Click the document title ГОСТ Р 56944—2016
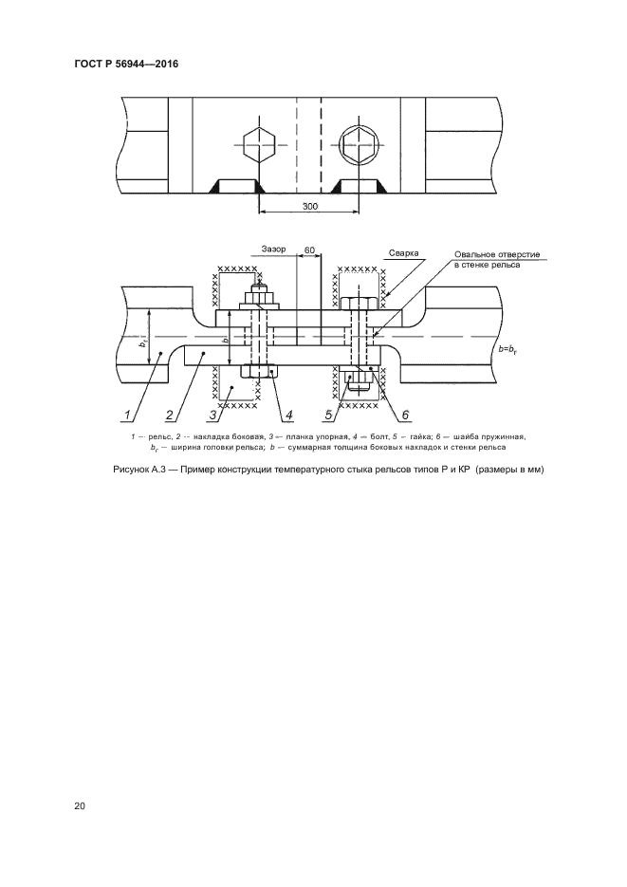pyautogui.click(x=126, y=64)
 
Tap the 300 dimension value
pyautogui.click(x=310, y=207)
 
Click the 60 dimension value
pyautogui.click(x=309, y=249)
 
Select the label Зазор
pyautogui.click(x=274, y=249)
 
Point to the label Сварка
pyautogui.click(x=404, y=253)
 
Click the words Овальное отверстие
pyautogui.click(x=498, y=254)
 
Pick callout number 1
pyautogui.click(x=127, y=416)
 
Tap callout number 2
pyautogui.click(x=169, y=416)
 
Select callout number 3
pyautogui.click(x=212, y=416)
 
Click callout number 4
pyautogui.click(x=289, y=416)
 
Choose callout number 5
pyautogui.click(x=329, y=416)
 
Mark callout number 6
pyautogui.click(x=405, y=416)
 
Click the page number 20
pyautogui.click(x=79, y=806)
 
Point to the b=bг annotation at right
pyautogui.click(x=507, y=350)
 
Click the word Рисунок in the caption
pyautogui.click(x=131, y=471)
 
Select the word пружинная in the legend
pyautogui.click(x=507, y=436)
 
